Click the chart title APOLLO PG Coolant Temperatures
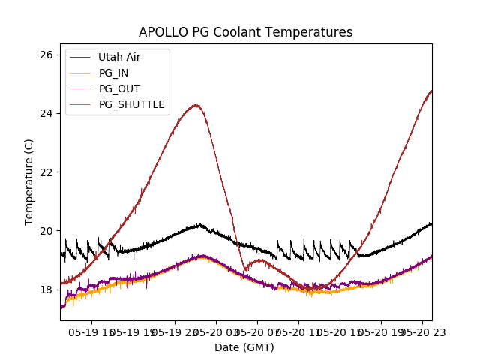pyautogui.click(x=245, y=32)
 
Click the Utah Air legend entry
pyautogui.click(x=119, y=57)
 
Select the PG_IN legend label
pyautogui.click(x=114, y=73)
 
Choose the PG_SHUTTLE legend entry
pyautogui.click(x=131, y=104)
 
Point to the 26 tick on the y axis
pyautogui.click(x=46, y=55)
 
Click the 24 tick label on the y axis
pyautogui.click(x=46, y=113)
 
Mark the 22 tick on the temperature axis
pyautogui.click(x=46, y=172)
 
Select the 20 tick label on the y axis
pyautogui.click(x=46, y=230)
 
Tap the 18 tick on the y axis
pyautogui.click(x=46, y=289)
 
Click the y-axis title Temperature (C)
pyautogui.click(x=29, y=182)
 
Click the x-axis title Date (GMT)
pyautogui.click(x=244, y=347)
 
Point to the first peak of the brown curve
pyautogui.click(x=196, y=105)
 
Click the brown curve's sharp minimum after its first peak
pyautogui.click(x=246, y=269)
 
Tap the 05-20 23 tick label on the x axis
pyautogui.click(x=421, y=331)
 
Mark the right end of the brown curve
pyautogui.click(x=431, y=91)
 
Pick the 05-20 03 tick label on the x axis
pyautogui.click(x=217, y=331)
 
